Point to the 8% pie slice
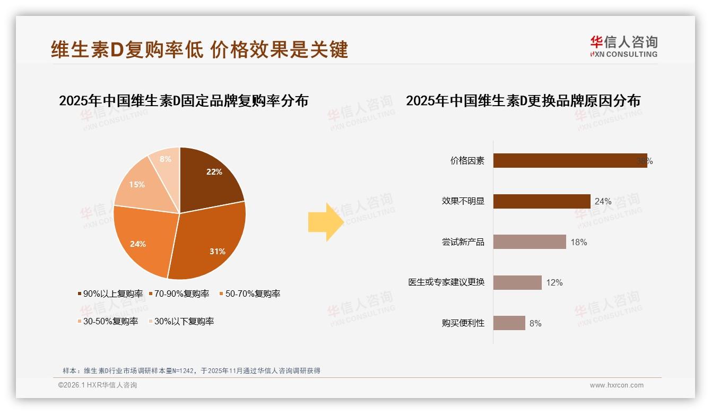pyautogui.click(x=166, y=159)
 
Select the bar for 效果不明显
pyautogui.click(x=541, y=201)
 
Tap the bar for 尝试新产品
pyautogui.click(x=529, y=242)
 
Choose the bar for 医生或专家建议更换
pyautogui.click(x=517, y=282)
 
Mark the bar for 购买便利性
pyautogui.click(x=509, y=323)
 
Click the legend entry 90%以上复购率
pyautogui.click(x=110, y=294)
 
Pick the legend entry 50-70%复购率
pyautogui.click(x=250, y=294)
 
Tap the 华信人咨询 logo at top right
pyautogui.click(x=623, y=46)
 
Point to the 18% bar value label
pyautogui.click(x=579, y=242)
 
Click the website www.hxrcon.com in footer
pyautogui.click(x=617, y=385)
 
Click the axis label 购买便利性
pyautogui.click(x=463, y=323)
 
